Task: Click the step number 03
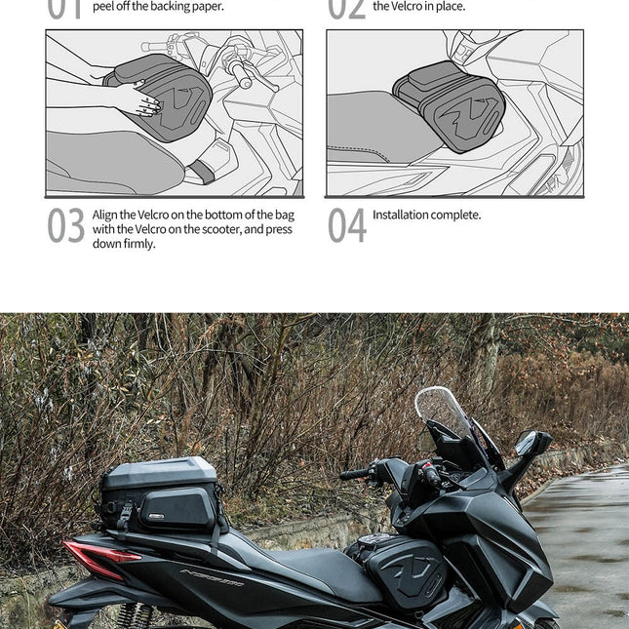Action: [65, 226]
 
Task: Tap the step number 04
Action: [346, 226]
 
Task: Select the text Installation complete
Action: [426, 215]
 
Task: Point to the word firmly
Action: [138, 244]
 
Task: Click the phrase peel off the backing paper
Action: [158, 7]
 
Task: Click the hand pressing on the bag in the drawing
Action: [137, 98]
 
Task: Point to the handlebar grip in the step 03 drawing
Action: [241, 76]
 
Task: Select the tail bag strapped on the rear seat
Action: [161, 494]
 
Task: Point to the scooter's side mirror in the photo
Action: [532, 445]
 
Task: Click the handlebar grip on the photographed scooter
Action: [354, 474]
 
